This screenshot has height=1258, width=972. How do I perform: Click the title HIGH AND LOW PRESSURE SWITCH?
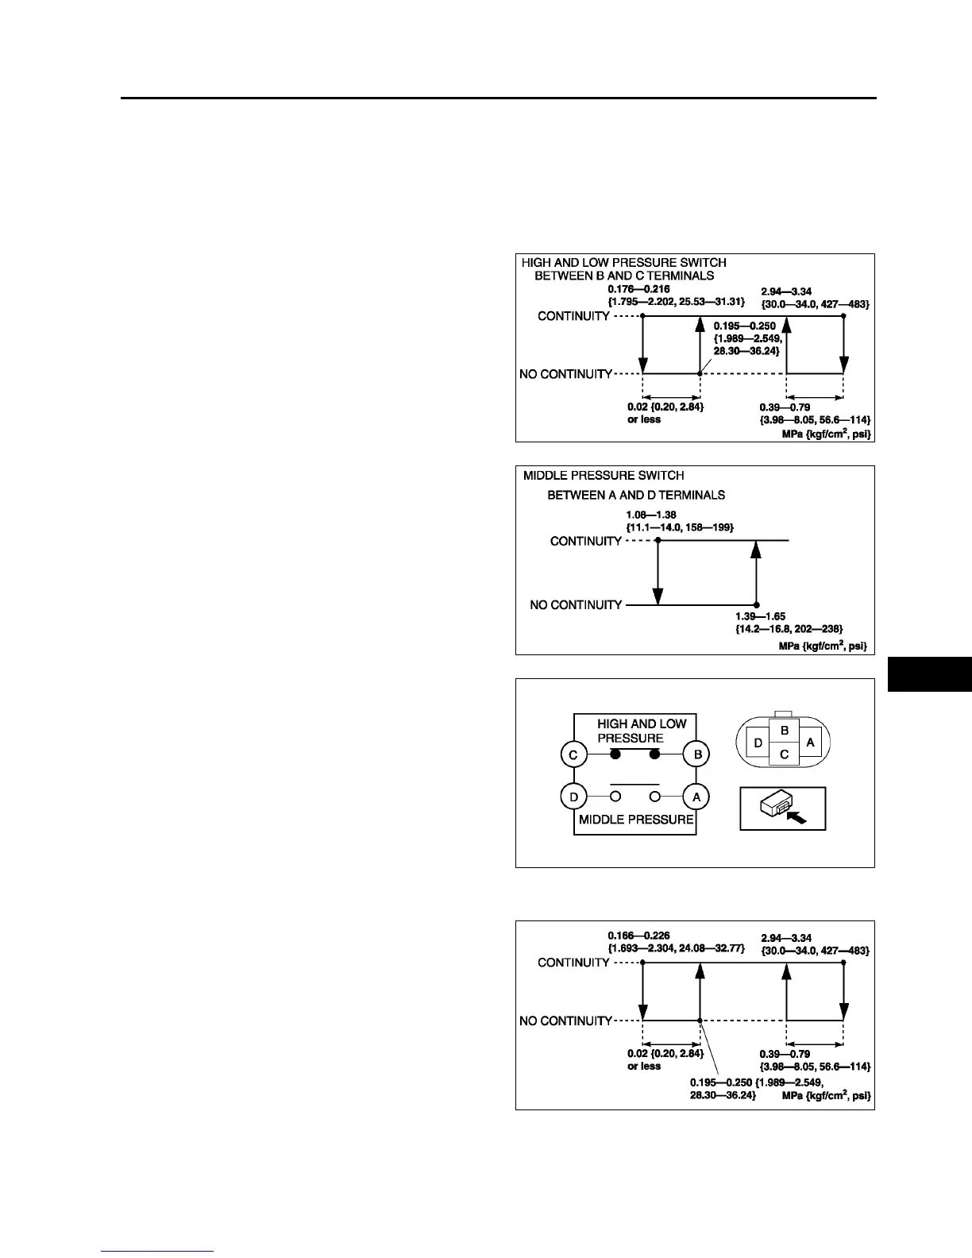pos(623,262)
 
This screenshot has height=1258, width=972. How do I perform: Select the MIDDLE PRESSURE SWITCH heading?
pos(604,476)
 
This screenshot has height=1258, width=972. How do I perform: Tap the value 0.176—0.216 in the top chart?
pos(633,289)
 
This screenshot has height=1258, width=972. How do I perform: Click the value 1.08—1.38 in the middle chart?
pos(650,515)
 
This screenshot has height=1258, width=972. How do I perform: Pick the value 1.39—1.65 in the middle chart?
pos(760,616)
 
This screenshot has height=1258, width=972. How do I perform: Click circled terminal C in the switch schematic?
pos(573,754)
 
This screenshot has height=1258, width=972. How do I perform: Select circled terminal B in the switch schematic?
pos(696,754)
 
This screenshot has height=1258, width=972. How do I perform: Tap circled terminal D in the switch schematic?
pos(573,797)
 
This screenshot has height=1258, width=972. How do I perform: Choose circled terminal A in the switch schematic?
pos(696,797)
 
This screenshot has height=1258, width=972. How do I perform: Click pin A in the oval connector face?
pos(810,743)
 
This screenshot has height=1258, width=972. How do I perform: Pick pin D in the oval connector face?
pos(758,743)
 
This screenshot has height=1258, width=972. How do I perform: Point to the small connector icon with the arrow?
pos(783,808)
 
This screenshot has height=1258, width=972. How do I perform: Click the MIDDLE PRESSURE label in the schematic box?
pos(636,820)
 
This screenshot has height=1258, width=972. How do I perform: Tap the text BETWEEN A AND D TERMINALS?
pos(636,495)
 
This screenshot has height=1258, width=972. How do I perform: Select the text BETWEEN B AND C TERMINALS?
pos(624,276)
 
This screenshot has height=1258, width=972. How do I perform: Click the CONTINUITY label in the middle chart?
pos(586,541)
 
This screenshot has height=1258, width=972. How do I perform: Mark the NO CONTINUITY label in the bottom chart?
pos(565,1021)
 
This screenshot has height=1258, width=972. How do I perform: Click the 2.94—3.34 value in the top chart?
pos(786,291)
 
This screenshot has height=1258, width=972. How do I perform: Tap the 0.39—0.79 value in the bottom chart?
pos(785,1054)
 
